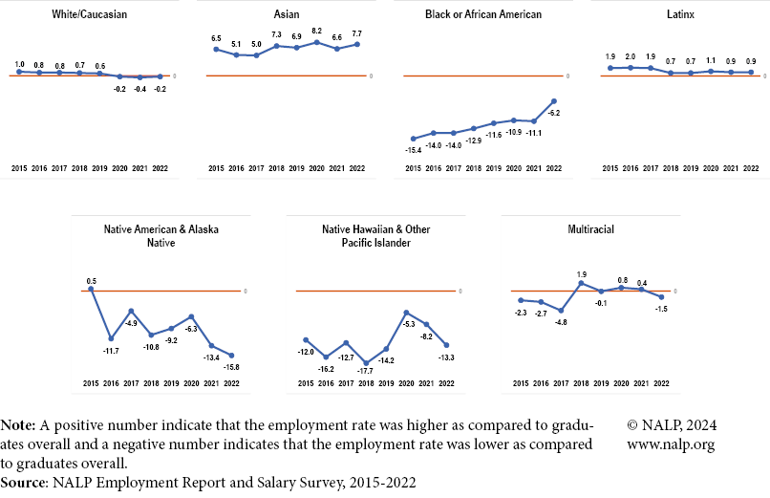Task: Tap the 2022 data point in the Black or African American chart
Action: tap(554, 101)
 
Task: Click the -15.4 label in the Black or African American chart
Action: tap(413, 150)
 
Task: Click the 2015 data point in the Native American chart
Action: tap(91, 289)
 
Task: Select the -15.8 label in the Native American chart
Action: tap(231, 366)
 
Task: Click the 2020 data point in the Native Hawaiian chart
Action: tap(407, 313)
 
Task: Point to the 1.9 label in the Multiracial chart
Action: tap(581, 274)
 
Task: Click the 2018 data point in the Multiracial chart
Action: tap(581, 283)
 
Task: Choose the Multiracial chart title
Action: tap(589, 230)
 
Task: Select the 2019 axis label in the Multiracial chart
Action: tap(601, 383)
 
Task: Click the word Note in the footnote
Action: tap(19, 424)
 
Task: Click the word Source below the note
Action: tap(24, 483)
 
